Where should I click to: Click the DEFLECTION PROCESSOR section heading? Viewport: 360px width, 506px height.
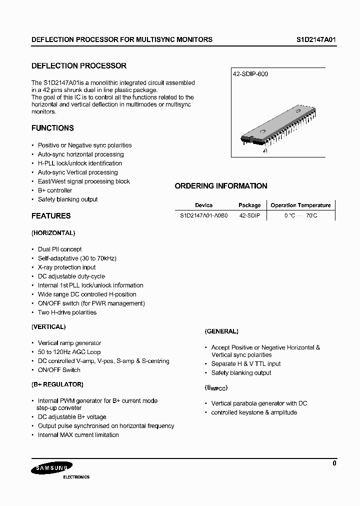click(79, 65)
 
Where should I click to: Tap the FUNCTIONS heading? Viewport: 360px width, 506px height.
click(52, 128)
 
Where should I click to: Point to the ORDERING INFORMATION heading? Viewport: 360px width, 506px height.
click(221, 186)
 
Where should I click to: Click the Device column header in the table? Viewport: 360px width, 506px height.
click(203, 205)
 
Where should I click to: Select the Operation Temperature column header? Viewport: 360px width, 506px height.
click(300, 205)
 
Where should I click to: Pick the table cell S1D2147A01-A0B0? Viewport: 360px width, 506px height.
click(203, 215)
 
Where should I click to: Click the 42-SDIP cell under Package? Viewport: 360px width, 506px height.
click(249, 215)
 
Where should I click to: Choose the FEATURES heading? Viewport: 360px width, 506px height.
click(51, 216)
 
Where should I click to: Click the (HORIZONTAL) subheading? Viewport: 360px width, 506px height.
click(53, 233)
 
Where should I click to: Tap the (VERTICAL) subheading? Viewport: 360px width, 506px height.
click(48, 326)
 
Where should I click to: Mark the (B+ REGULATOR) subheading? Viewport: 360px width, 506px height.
click(57, 384)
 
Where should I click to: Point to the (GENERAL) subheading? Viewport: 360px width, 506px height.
click(221, 331)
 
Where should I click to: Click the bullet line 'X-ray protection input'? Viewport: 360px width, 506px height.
click(66, 267)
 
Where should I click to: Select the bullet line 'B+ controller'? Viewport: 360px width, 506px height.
click(55, 190)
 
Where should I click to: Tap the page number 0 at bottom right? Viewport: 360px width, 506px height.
click(334, 463)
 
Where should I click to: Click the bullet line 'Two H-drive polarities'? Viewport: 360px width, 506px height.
click(67, 312)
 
